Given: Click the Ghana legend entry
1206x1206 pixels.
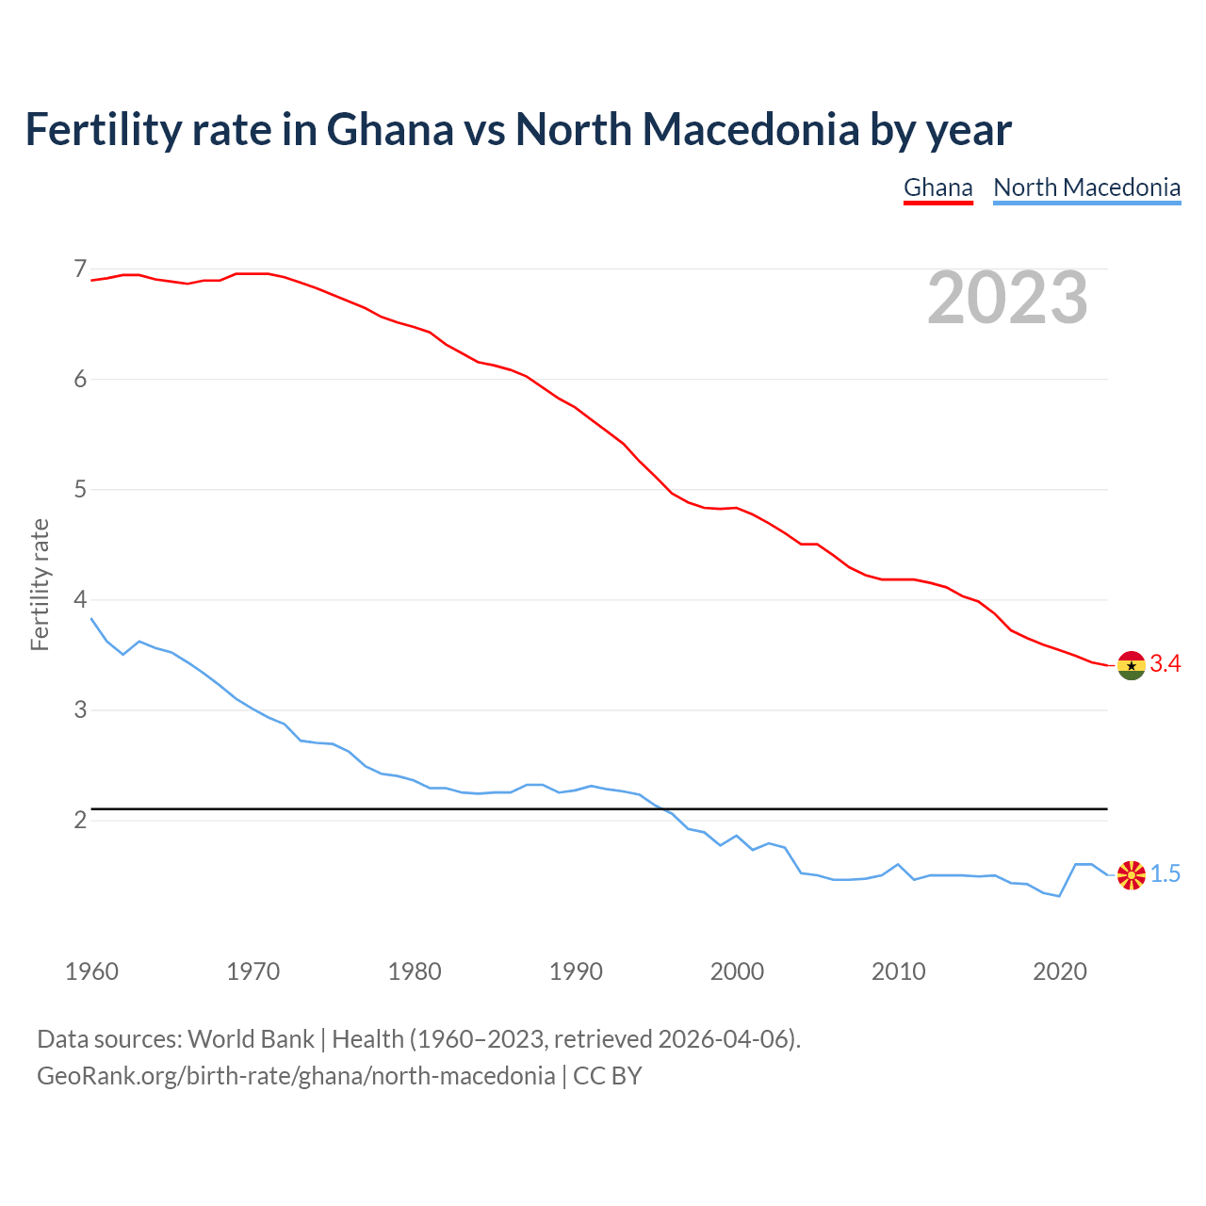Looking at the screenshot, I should coord(937,187).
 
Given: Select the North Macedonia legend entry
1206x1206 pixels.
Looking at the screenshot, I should coord(1086,187).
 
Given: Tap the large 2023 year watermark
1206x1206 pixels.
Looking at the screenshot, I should coord(1007,298).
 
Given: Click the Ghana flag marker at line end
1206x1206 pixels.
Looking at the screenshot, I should coord(1131,665).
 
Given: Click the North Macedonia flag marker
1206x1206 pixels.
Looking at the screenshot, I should coord(1131,874).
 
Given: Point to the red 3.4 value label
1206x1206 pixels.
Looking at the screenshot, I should coord(1165,664).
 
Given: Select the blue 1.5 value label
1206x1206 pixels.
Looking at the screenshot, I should coord(1165,874).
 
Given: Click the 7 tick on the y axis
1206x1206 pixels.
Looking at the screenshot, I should coord(80,269).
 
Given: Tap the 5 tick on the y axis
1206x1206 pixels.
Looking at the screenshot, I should coord(80,490).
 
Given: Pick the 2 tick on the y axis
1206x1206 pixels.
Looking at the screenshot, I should coord(80,820).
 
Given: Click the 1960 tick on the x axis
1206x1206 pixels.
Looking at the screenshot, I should coord(91,971).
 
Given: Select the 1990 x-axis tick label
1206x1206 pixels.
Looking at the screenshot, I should coord(576,971).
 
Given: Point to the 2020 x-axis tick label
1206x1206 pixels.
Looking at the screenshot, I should coord(1060,971).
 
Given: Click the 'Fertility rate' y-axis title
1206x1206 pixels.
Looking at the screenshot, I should coord(40,584).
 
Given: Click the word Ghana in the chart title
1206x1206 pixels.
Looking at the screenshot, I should coord(389,129).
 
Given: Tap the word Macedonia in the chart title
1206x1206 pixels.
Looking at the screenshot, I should coord(750,129).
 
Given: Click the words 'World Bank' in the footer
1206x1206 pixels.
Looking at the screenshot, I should coord(251,1039).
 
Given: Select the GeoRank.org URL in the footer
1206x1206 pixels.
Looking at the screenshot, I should coord(296,1076).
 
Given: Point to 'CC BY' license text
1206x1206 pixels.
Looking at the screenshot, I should coord(608,1076).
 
